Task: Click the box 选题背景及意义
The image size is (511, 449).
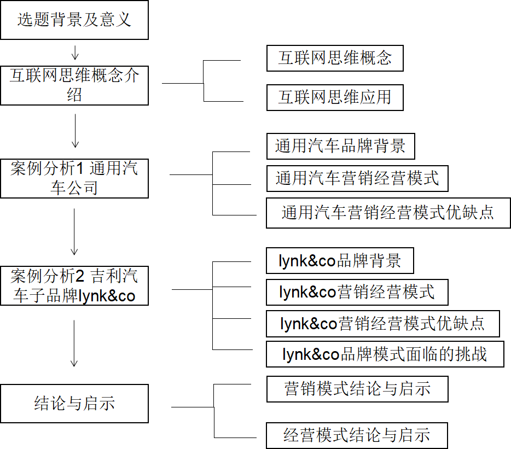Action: click(74, 20)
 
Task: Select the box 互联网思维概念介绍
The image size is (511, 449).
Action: click(74, 85)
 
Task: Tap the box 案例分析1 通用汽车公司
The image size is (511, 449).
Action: click(74, 178)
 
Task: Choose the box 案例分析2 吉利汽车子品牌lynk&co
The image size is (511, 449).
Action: click(74, 286)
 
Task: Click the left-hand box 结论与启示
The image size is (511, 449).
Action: click(74, 404)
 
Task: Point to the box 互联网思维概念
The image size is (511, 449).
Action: click(335, 58)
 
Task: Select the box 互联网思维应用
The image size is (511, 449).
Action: click(335, 97)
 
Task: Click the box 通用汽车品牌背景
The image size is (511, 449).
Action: click(340, 147)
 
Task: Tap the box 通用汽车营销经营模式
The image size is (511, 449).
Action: click(357, 178)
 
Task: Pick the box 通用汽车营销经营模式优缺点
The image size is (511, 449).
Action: click(388, 213)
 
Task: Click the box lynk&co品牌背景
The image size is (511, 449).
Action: click(340, 261)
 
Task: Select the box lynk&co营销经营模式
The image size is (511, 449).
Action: click(357, 293)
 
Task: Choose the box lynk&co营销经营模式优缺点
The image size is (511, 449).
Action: click(383, 324)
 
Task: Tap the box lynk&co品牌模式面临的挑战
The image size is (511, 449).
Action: click(385, 354)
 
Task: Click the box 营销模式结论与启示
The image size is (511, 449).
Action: click(357, 389)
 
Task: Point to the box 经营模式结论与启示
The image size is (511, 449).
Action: click(357, 435)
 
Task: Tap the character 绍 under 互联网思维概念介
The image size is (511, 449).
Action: click(74, 95)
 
